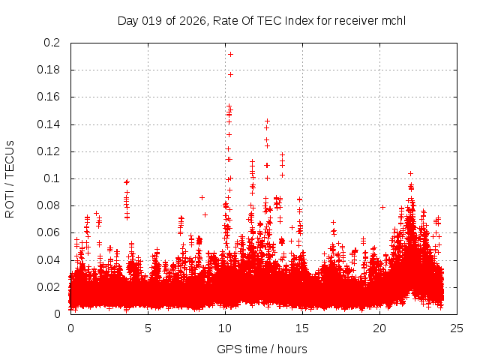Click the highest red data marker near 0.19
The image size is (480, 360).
point(230,54)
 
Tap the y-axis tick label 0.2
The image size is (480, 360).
point(52,43)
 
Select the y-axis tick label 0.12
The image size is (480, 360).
point(49,151)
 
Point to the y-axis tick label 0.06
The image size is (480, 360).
point(49,232)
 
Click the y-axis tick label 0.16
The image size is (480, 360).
point(49,97)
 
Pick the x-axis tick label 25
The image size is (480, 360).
point(457,328)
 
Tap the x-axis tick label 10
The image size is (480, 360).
point(225,328)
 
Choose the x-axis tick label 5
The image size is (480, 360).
point(148,328)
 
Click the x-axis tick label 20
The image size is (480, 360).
point(379,328)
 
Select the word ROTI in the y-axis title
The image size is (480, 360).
point(10,202)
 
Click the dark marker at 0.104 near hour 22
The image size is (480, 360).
point(410,173)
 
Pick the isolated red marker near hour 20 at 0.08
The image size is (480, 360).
point(382,207)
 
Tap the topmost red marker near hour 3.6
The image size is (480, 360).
point(127,182)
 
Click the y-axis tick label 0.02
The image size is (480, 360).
point(49,286)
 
